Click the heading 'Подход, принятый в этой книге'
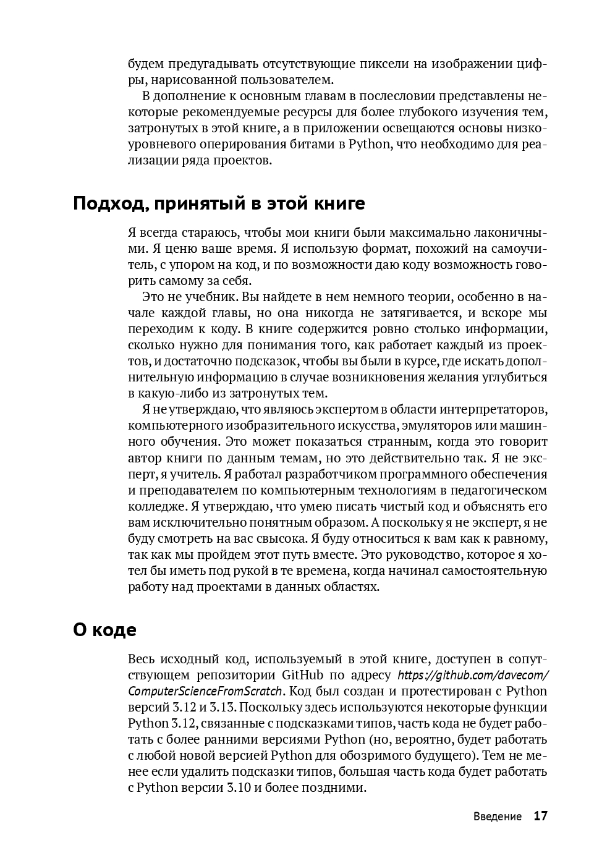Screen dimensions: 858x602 click(x=219, y=203)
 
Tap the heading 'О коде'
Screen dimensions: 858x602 click(x=104, y=630)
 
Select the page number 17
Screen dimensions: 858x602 click(x=540, y=816)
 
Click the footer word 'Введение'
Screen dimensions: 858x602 click(x=498, y=817)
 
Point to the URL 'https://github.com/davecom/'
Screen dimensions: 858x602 click(x=473, y=675)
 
